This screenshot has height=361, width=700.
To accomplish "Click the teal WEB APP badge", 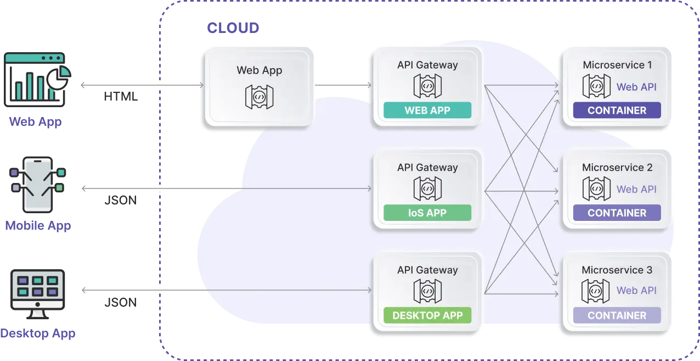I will coord(427,110).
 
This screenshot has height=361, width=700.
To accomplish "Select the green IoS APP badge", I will coord(427,213).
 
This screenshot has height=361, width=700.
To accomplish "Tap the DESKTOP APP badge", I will coord(427,315).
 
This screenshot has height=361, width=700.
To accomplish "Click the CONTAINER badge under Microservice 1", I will coord(617,110).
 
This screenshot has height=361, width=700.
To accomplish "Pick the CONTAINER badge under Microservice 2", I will coord(617,213).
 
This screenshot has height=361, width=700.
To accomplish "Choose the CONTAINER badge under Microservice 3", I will coord(617,315).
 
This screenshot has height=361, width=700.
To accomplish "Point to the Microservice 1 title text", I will coord(617,65).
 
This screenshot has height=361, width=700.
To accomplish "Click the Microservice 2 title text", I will coord(617,168).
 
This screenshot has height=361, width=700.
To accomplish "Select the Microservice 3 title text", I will coord(617,270).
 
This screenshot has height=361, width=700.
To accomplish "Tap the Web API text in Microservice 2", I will coord(636,189).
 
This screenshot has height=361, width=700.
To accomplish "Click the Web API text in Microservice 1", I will coord(636,87).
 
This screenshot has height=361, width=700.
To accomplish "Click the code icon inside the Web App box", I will coord(259,96).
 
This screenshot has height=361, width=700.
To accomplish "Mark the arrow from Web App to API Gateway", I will coord(343,86).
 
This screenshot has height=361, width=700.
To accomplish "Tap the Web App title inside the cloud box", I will coord(259,70).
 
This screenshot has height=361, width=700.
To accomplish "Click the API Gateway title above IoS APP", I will coord(427,168).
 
